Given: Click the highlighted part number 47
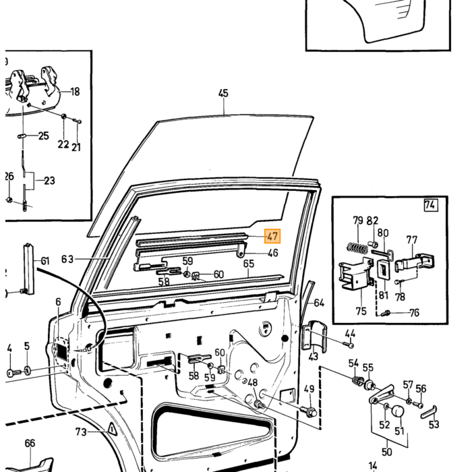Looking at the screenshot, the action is tap(272, 236).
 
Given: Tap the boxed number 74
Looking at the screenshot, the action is tap(430, 205).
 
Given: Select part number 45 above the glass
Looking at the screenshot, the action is tap(223, 93).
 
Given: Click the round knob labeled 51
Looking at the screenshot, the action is tap(397, 411).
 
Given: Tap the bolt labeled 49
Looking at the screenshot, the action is tap(308, 411).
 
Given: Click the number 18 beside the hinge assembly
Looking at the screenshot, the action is tap(75, 92).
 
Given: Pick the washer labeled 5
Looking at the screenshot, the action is tap(27, 370).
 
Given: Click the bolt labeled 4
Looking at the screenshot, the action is tap(14, 373).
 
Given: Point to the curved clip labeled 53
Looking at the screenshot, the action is tap(429, 412).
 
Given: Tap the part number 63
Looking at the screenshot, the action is tap(67, 259).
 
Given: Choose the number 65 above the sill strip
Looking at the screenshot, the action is tap(249, 264).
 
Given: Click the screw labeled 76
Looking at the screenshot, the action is tap(386, 314).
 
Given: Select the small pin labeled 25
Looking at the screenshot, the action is tap(22, 136).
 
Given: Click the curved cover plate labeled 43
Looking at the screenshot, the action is tap(315, 336).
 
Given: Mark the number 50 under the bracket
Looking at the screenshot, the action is tap(387, 452).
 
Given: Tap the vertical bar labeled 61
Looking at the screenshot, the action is tap(29, 268).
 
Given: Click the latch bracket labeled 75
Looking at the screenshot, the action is tap(357, 274).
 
